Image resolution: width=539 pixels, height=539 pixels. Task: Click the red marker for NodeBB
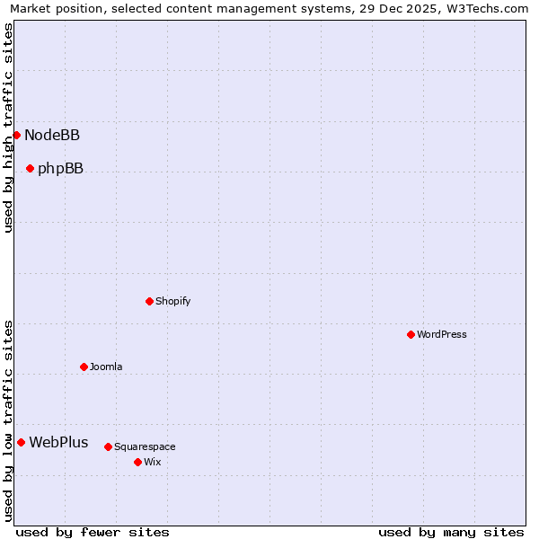point(16,135)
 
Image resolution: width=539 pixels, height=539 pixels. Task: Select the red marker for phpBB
point(30,168)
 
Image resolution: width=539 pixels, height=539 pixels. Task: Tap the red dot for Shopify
point(149,301)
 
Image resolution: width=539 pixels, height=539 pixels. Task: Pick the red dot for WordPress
point(411,334)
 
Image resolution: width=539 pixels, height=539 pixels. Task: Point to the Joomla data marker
point(84,367)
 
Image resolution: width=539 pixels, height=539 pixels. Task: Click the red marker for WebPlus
point(21,442)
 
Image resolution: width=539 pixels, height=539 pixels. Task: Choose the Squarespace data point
point(108,446)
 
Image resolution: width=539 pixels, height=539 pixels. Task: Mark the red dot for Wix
point(137,462)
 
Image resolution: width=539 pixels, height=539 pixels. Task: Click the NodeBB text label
point(52,136)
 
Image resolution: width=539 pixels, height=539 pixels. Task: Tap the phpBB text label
point(60,169)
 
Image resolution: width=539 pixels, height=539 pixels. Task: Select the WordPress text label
point(442,335)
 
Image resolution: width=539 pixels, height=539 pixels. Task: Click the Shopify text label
point(173,302)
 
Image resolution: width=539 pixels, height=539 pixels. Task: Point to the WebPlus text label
point(58,443)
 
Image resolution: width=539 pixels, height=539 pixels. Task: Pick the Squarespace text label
point(145,447)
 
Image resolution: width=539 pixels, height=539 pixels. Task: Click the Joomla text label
point(106,367)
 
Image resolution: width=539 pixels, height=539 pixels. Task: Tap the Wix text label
point(152,463)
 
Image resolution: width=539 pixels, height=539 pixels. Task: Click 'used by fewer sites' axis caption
point(93,532)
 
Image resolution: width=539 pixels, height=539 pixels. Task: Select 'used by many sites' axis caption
point(451,532)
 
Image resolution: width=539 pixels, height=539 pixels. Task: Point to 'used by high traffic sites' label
point(8,128)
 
